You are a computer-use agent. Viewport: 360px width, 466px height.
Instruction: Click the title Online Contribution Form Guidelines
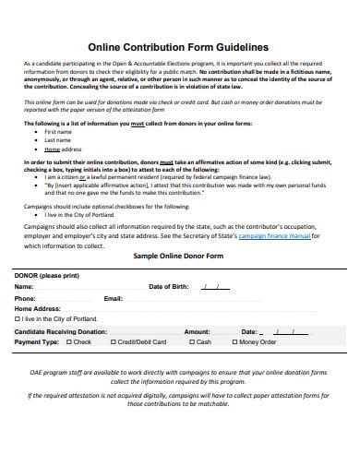click(178, 43)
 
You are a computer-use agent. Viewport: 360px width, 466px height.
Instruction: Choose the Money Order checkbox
click(234, 341)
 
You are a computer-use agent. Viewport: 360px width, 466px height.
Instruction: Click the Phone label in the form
click(25, 298)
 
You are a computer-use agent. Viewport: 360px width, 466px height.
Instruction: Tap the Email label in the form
click(113, 298)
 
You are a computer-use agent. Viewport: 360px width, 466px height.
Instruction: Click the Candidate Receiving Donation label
click(61, 330)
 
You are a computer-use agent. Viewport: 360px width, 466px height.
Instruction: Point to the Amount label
click(197, 330)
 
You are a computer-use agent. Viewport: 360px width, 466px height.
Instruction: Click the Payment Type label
click(37, 341)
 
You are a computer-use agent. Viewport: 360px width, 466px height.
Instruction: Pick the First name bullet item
click(57, 132)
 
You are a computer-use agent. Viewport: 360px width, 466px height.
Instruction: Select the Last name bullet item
click(57, 140)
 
